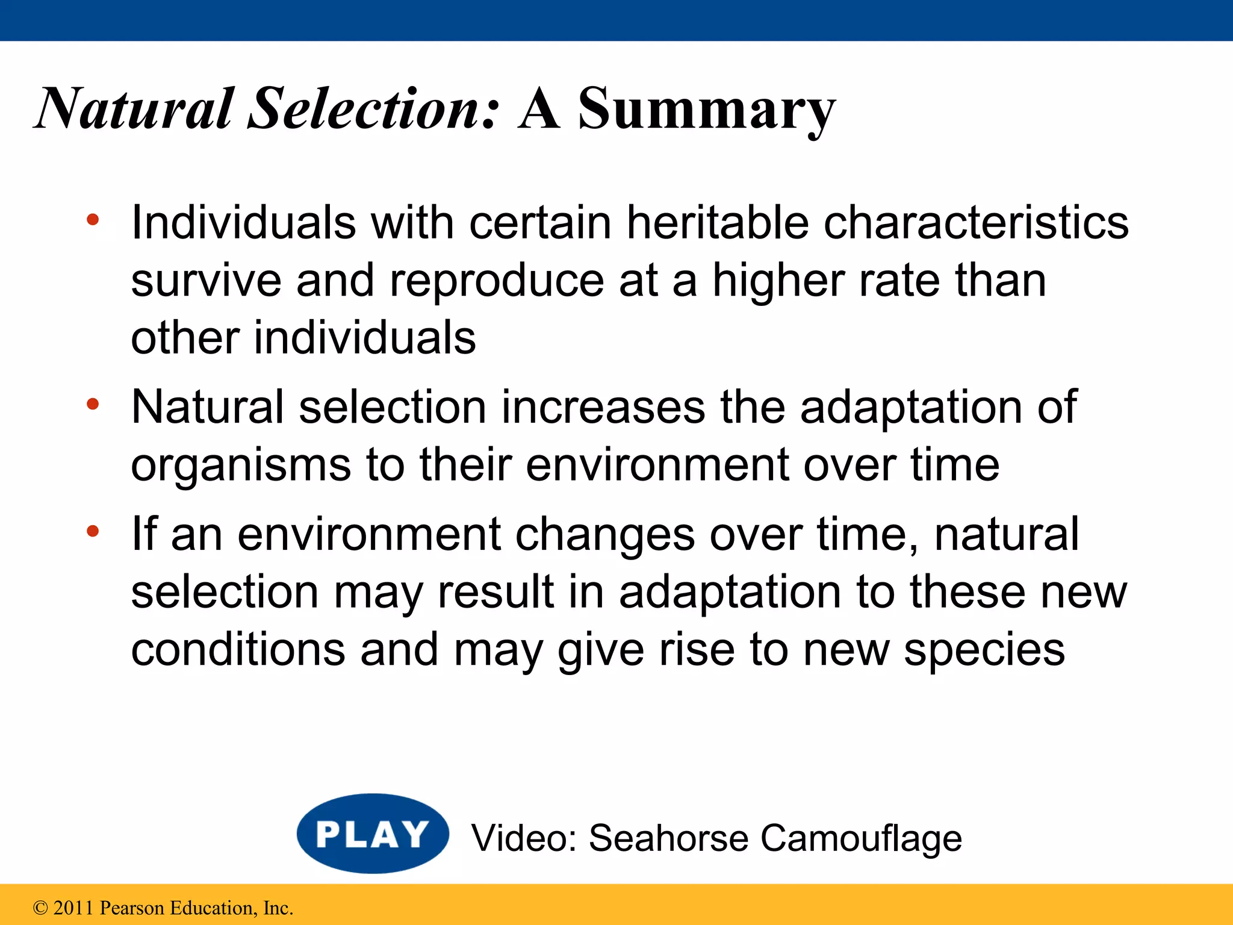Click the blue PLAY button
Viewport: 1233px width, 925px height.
point(373,833)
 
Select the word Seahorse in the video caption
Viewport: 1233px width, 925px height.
point(667,838)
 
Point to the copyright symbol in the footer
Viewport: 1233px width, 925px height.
point(40,908)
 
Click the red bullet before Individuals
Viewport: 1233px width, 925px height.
point(92,220)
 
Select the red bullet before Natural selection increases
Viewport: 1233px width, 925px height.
point(92,404)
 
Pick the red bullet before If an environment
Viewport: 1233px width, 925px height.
point(92,532)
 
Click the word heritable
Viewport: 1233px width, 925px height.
point(718,222)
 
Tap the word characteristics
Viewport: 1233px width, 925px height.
point(975,222)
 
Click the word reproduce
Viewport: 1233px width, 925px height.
point(497,281)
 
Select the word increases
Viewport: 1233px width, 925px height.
point(603,407)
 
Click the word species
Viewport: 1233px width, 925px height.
point(984,650)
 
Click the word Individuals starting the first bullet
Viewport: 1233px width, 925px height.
point(244,222)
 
